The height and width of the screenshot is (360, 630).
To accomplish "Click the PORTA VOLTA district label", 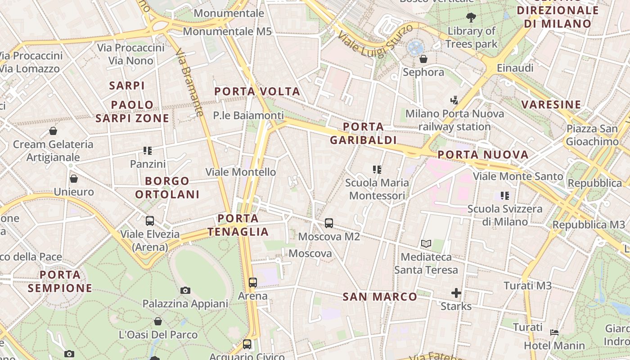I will click(x=257, y=92).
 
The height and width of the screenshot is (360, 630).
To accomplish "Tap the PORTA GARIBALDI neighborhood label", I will click(x=363, y=133).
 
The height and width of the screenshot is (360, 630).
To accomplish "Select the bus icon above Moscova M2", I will click(x=329, y=223).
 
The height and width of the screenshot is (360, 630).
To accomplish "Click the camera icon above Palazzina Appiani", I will click(x=185, y=290).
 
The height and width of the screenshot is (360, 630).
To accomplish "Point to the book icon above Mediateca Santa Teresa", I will click(x=426, y=244).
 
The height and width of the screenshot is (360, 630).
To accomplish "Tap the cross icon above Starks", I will click(x=456, y=293).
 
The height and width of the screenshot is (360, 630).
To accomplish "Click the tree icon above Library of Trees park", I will click(x=471, y=18).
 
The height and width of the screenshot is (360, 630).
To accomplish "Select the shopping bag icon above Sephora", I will click(x=423, y=59).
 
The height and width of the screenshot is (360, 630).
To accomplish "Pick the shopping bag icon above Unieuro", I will click(x=74, y=179).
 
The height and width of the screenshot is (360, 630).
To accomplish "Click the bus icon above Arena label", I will click(x=253, y=283).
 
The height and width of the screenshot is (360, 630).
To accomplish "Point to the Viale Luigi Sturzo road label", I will click(x=375, y=41).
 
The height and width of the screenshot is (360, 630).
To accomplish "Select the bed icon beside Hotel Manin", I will click(x=554, y=333).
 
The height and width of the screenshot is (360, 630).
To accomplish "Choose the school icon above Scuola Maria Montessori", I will click(x=377, y=170).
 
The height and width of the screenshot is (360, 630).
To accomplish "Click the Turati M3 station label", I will click(x=527, y=286).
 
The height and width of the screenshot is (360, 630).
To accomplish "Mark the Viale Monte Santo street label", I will click(x=518, y=176).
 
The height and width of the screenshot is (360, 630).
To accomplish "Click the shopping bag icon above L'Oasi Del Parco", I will click(x=158, y=321).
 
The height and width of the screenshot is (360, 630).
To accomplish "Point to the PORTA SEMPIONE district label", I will click(x=60, y=281).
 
